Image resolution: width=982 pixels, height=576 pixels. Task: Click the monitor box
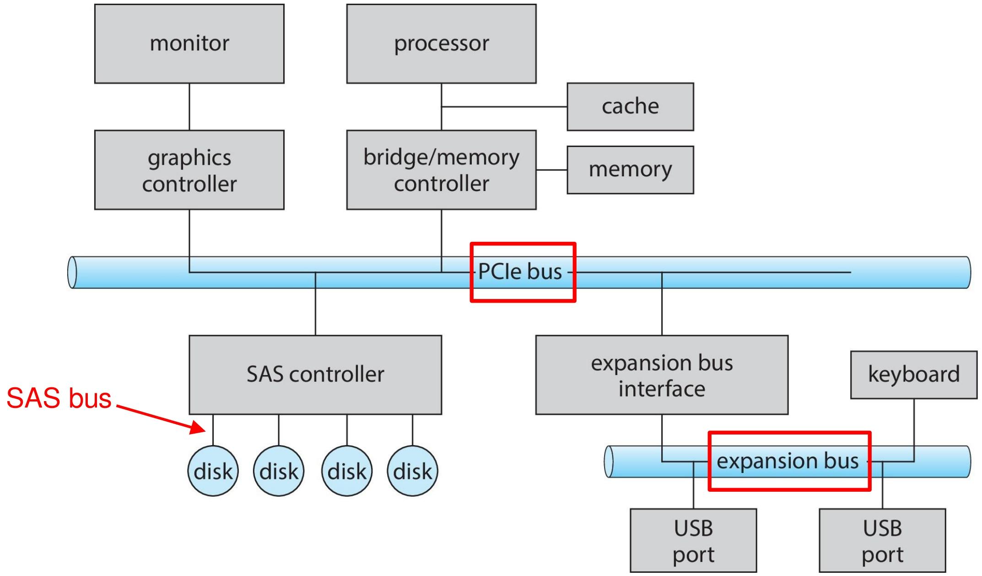(x=189, y=44)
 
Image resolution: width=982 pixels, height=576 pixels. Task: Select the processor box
(x=441, y=44)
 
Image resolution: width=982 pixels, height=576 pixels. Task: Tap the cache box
(x=630, y=107)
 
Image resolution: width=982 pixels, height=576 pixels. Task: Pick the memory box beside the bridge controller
(x=630, y=170)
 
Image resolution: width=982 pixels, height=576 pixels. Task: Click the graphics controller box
(x=189, y=170)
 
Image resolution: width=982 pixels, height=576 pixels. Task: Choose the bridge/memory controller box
(x=441, y=170)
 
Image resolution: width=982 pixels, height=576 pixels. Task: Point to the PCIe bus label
(x=520, y=272)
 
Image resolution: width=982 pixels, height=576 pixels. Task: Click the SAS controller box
(x=315, y=375)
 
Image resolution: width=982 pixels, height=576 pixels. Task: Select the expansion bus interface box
(x=662, y=375)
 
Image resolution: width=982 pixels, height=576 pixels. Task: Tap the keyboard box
(x=914, y=375)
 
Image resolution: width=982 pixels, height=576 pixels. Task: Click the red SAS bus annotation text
(x=59, y=398)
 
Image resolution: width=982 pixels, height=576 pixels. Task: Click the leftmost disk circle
(x=213, y=471)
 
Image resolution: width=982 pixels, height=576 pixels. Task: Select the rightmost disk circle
(x=412, y=471)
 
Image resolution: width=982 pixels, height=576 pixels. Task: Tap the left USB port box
(x=693, y=541)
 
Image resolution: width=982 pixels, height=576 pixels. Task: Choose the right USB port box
(x=882, y=541)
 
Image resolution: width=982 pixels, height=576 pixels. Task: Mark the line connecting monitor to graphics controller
(x=189, y=107)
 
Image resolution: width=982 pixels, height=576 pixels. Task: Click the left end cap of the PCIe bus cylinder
(x=72, y=272)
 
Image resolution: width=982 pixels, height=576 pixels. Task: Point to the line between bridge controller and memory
(x=552, y=170)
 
